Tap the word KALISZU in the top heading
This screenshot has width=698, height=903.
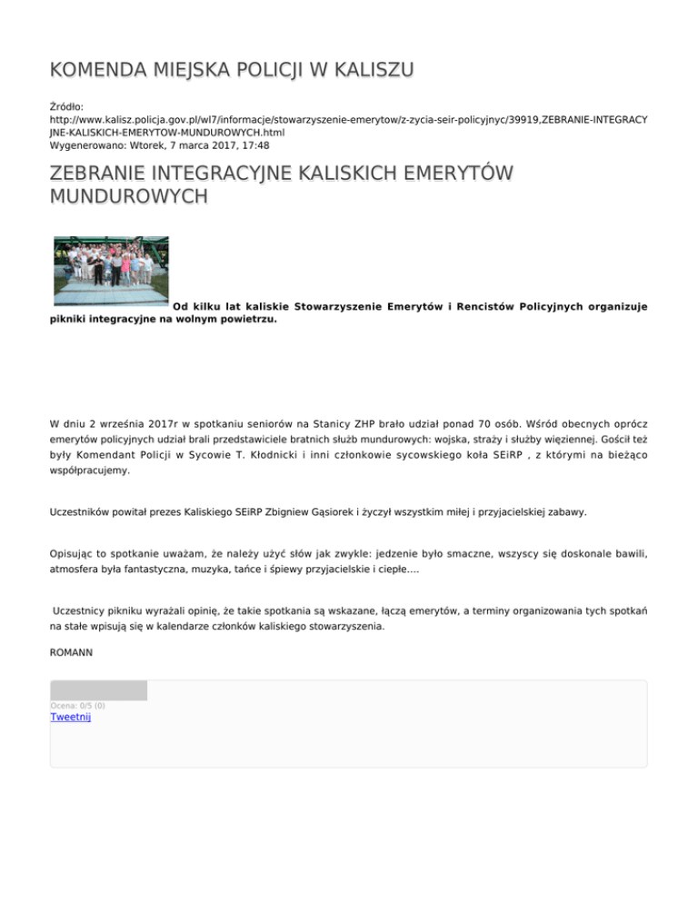point(360,70)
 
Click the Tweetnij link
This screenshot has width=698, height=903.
point(71,717)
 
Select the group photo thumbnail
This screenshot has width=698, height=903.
point(110,270)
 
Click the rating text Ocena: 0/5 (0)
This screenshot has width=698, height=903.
point(77,705)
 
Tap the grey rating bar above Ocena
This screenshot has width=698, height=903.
point(98,690)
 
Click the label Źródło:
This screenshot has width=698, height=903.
point(67,107)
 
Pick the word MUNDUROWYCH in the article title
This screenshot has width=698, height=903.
point(128,196)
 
